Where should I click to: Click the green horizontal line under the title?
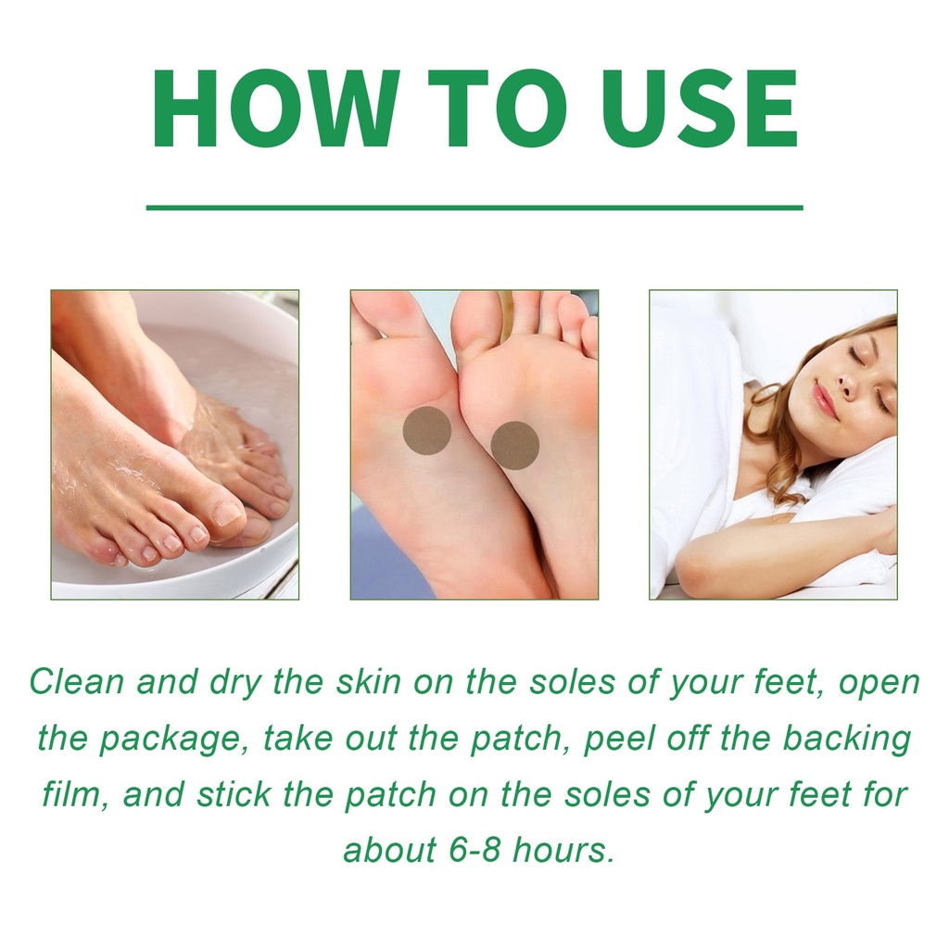pos(474,208)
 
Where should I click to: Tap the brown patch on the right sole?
pos(514,446)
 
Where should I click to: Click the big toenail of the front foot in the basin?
pos(228,512)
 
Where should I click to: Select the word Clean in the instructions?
pos(77,681)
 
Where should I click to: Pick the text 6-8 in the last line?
pos(475,850)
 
